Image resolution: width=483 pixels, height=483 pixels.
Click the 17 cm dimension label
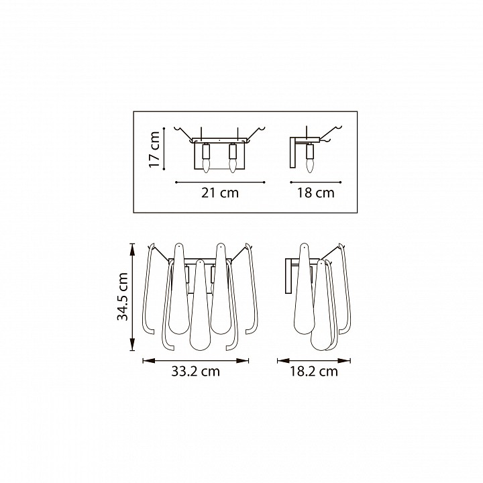[154, 150]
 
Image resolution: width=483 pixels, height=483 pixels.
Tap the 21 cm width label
[220, 193]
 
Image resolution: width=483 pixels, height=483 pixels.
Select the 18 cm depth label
[315, 193]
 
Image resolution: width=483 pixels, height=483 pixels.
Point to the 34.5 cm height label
[123, 297]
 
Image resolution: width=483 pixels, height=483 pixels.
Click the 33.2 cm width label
[196, 371]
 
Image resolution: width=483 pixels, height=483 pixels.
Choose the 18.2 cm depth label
[313, 371]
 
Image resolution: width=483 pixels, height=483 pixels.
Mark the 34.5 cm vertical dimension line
[132, 297]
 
